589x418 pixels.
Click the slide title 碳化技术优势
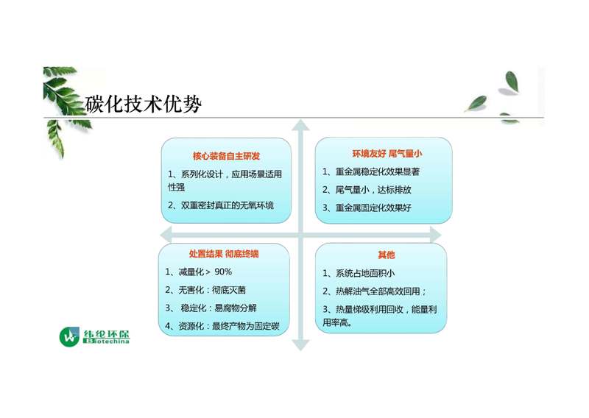click(x=144, y=104)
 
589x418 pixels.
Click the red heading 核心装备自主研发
click(x=226, y=156)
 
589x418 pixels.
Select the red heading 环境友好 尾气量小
click(x=387, y=153)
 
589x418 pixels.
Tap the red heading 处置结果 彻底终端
click(x=224, y=254)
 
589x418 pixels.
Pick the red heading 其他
click(x=386, y=255)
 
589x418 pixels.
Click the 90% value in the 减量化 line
click(x=223, y=272)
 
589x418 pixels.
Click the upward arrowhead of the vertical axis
click(x=300, y=125)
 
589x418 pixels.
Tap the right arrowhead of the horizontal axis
click(x=435, y=235)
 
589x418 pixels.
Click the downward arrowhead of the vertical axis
click(x=300, y=344)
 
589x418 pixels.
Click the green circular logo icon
click(x=69, y=337)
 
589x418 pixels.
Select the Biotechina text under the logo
click(x=106, y=341)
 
